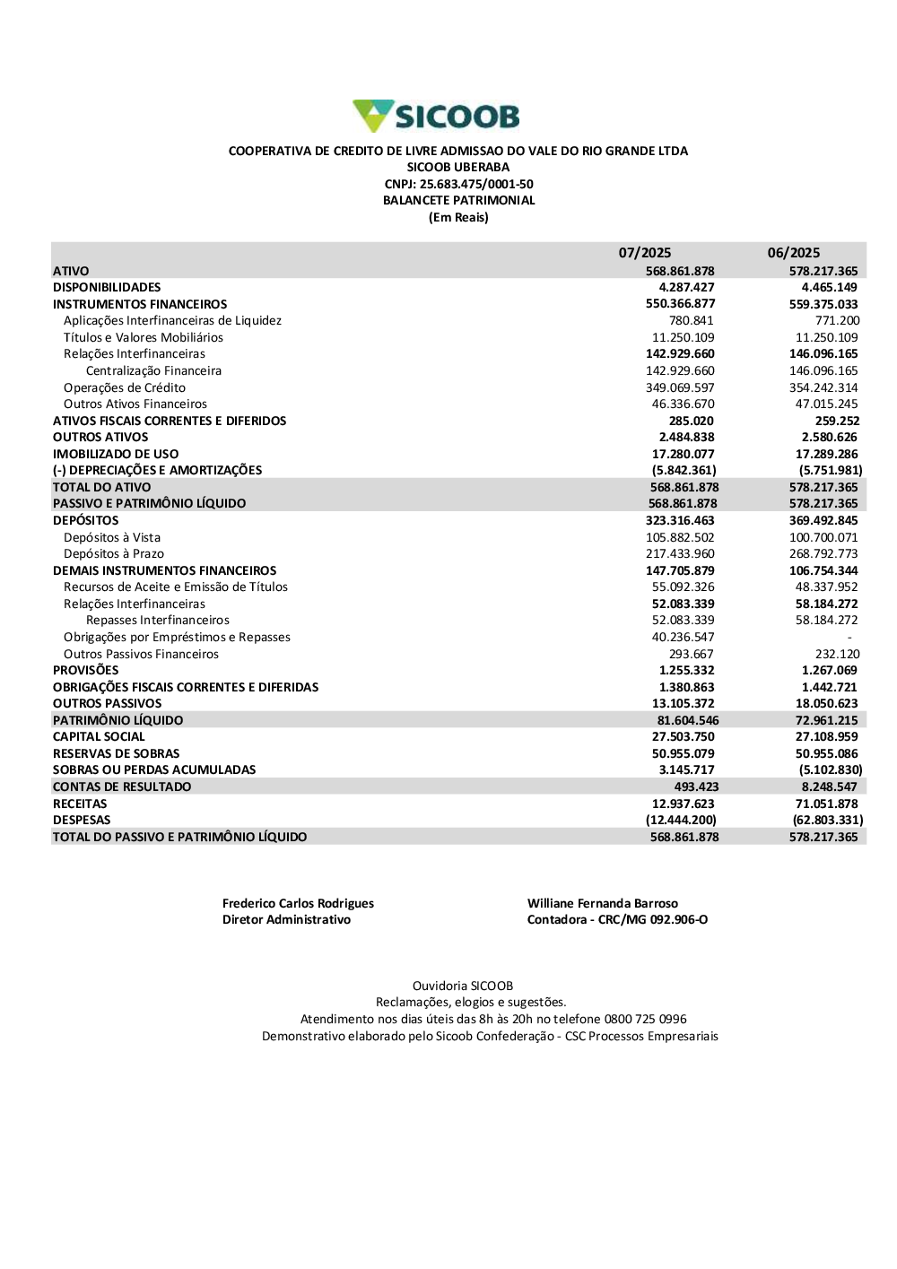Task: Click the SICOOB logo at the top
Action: (x=436, y=116)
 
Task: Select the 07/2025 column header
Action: (x=644, y=253)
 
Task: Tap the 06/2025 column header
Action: (x=793, y=253)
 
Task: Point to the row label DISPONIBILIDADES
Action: (x=107, y=287)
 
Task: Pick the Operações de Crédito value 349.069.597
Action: (x=680, y=387)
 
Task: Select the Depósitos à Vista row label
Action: (x=112, y=537)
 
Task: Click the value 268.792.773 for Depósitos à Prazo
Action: (x=823, y=553)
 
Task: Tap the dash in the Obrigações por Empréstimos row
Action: (x=849, y=637)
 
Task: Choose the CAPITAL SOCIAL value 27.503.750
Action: (x=683, y=736)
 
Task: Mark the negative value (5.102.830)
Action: (x=830, y=769)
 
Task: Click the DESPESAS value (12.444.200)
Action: (x=681, y=820)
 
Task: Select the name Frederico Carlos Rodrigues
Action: (x=298, y=903)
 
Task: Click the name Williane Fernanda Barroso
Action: (x=602, y=903)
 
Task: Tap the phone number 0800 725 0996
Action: (x=645, y=1019)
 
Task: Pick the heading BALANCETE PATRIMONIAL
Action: (x=458, y=200)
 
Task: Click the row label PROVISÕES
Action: (x=85, y=670)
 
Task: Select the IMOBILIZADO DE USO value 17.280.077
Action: (x=683, y=454)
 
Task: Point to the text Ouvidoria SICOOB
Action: (x=462, y=986)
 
